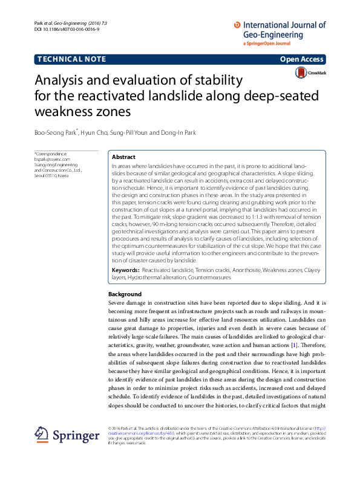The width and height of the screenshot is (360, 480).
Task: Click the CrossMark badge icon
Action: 301,73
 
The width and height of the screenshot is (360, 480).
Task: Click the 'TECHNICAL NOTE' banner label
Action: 72,59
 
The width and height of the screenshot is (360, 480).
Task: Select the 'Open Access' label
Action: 302,59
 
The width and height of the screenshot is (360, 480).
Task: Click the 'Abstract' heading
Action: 124,156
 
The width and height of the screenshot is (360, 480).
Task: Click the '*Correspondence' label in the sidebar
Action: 51,154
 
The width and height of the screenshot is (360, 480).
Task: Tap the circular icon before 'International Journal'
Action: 237,25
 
